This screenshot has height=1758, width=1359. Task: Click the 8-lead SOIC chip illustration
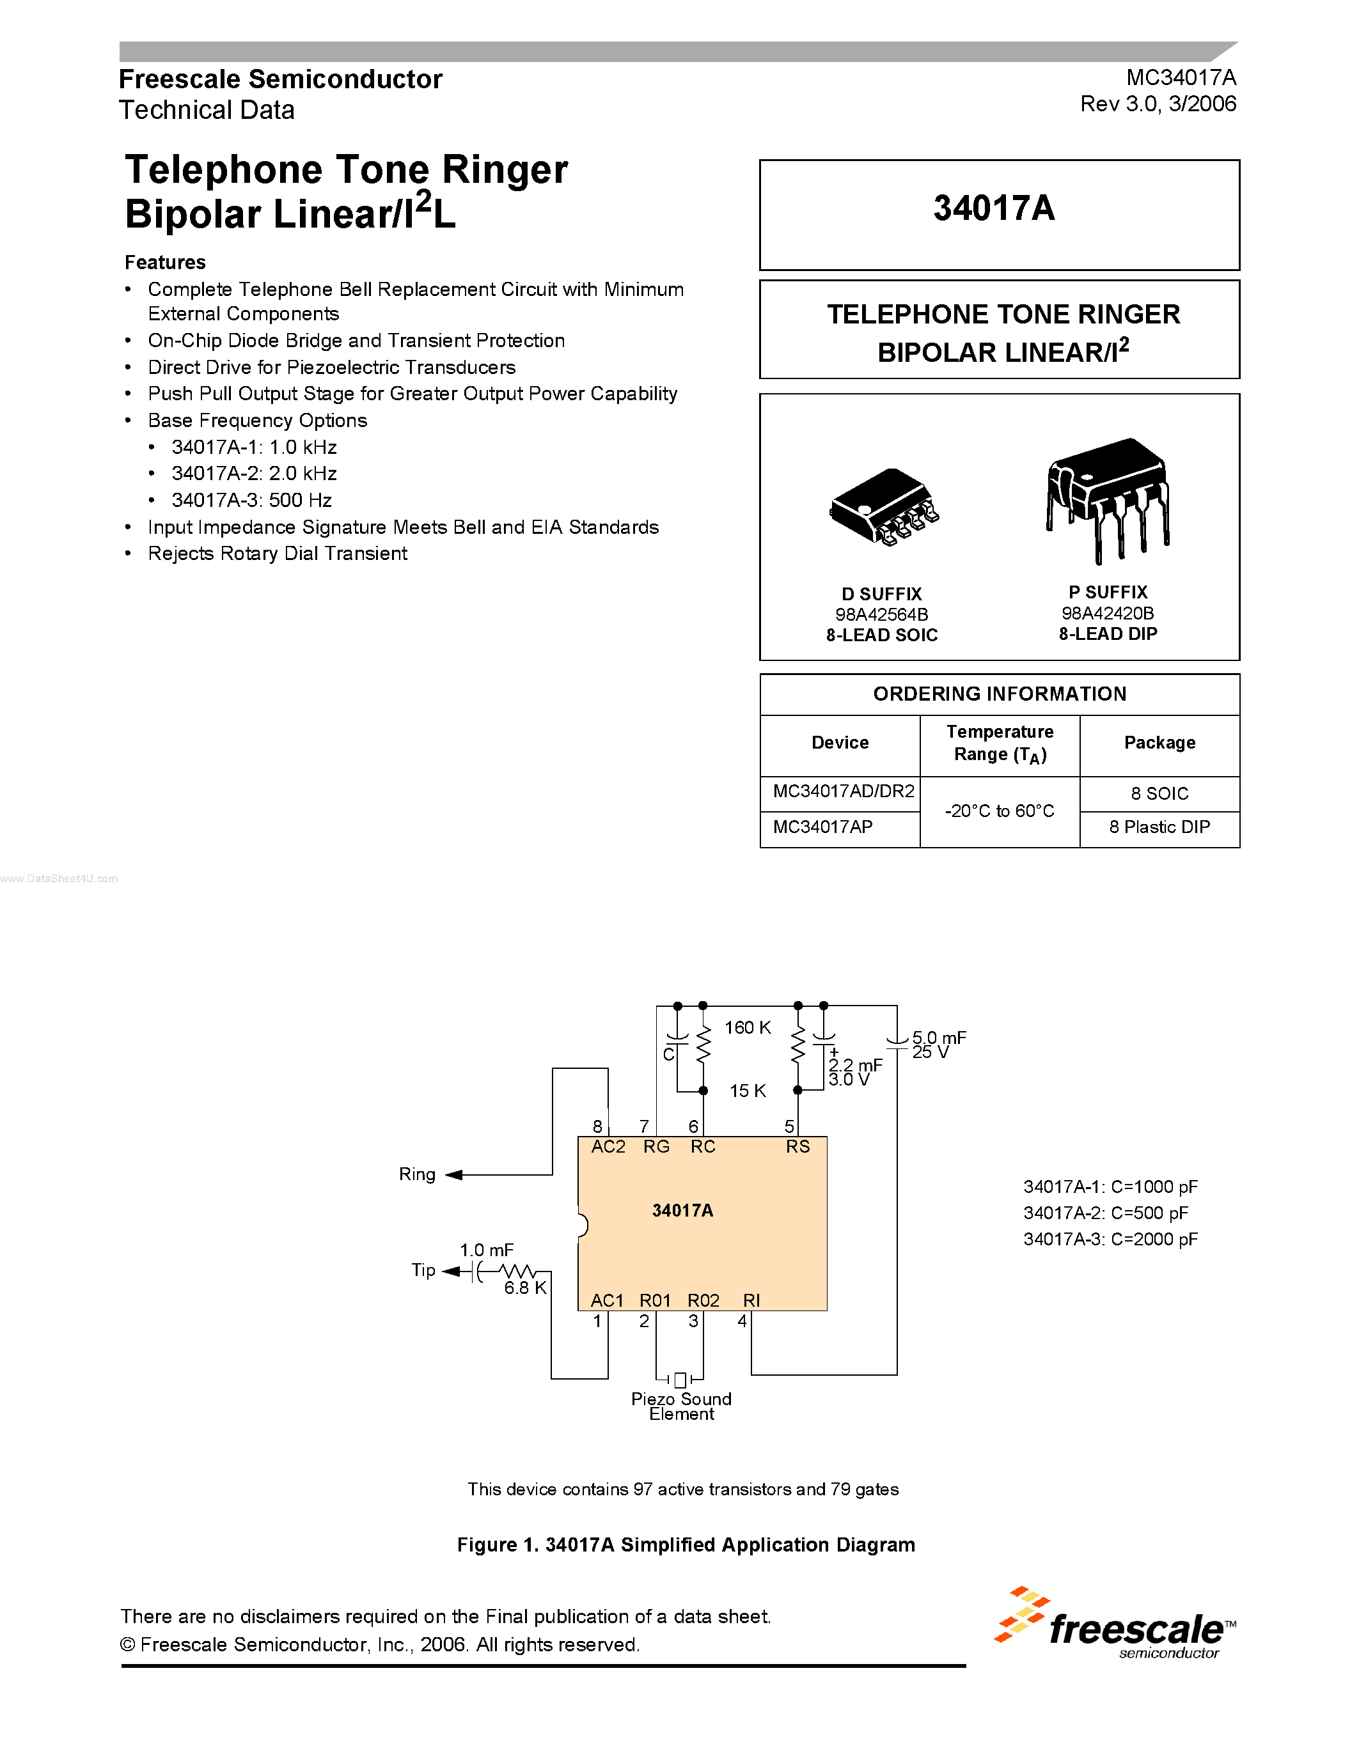click(883, 507)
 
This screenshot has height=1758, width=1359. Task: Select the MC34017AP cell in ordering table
click(823, 827)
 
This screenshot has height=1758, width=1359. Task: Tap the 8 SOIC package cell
click(1159, 794)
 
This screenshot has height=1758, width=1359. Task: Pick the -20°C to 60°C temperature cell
click(999, 811)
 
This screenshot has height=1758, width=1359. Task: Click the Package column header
click(1159, 743)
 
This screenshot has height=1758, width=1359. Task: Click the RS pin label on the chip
click(798, 1147)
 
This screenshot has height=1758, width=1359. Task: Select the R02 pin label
click(703, 1301)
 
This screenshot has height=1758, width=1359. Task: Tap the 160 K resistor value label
click(747, 1028)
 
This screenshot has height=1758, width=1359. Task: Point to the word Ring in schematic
click(417, 1174)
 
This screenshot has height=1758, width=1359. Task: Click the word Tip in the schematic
click(423, 1270)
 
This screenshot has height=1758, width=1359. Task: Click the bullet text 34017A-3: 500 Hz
click(251, 501)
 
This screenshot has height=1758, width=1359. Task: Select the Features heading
click(165, 262)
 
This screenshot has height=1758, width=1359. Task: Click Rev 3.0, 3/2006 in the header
click(1158, 104)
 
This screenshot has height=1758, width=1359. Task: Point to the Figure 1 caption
click(686, 1544)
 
